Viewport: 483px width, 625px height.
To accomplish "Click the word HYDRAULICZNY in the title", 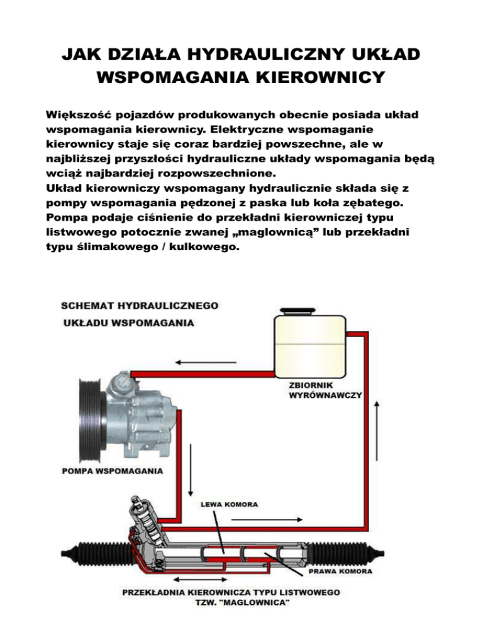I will click(x=265, y=55).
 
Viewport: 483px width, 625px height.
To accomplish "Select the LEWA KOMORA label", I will click(x=230, y=504).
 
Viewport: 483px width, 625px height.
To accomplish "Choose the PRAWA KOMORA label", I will click(x=340, y=572).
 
